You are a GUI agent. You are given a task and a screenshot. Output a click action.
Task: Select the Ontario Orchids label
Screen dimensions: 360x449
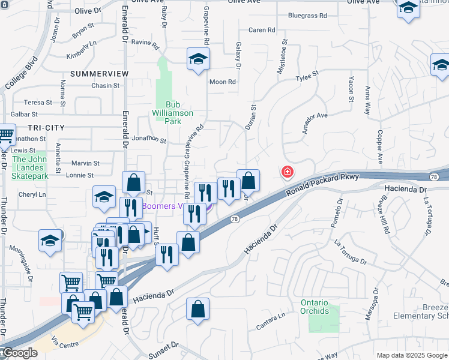pos(315,307)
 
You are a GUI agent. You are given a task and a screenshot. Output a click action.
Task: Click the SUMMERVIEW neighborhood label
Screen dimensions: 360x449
pos(100,73)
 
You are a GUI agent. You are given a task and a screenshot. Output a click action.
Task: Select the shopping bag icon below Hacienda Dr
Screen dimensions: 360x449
pos(197,309)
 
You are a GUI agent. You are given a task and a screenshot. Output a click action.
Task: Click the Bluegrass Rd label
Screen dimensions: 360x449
pos(307,16)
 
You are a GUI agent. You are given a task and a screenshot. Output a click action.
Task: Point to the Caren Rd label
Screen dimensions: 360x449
pos(262,30)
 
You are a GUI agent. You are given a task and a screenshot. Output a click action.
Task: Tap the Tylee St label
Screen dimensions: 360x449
pos(307,77)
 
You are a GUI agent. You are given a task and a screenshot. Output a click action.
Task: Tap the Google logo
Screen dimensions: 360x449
pos(19,353)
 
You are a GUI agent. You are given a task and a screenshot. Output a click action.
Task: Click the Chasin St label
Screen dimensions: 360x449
pos(106,86)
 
